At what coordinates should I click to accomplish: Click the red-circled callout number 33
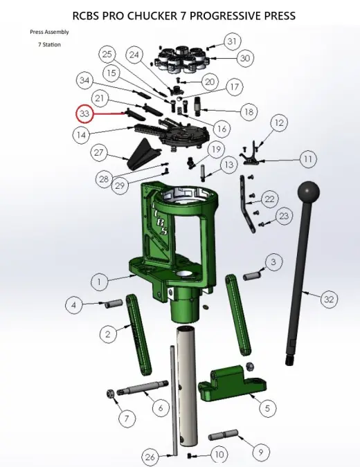(85, 113)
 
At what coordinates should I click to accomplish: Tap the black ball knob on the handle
(309, 192)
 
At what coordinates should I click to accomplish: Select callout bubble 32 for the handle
(329, 299)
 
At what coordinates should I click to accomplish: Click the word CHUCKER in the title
(152, 15)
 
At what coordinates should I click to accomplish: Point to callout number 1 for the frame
(99, 282)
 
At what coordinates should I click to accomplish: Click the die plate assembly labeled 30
(181, 59)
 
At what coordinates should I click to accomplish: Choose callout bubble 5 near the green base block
(267, 408)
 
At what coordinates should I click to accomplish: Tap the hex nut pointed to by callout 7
(110, 394)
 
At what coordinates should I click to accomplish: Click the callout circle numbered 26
(150, 457)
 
